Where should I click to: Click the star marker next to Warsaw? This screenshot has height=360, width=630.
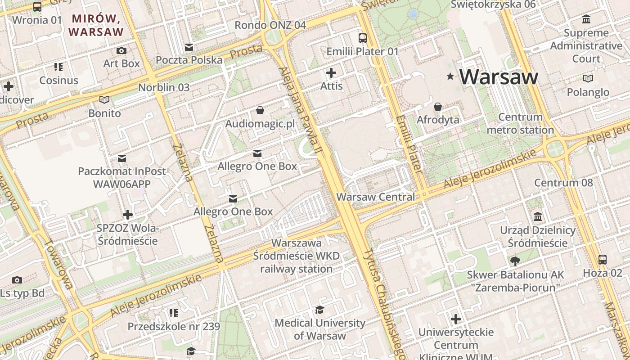click(450, 76)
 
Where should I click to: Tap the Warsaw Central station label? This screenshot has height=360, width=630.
click(376, 197)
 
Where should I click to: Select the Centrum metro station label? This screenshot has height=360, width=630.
click(520, 124)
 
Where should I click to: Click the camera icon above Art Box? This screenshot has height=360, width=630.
click(121, 50)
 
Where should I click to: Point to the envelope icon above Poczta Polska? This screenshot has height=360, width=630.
click(189, 47)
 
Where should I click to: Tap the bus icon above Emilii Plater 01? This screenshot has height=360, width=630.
click(362, 38)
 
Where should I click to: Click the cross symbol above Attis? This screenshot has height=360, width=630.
click(331, 72)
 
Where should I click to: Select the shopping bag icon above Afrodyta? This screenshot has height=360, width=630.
click(437, 107)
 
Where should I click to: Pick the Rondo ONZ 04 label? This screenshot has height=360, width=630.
click(270, 25)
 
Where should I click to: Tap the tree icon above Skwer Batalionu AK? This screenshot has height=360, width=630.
click(515, 261)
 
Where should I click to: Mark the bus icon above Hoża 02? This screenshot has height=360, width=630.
click(602, 259)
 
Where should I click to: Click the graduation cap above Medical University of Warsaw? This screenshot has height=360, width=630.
click(319, 310)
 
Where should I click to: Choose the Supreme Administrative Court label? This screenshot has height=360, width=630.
click(586, 46)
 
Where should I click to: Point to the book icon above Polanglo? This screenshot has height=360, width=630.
click(588, 78)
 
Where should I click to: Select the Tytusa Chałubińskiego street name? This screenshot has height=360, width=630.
click(382, 304)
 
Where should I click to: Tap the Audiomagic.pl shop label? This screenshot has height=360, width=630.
click(260, 124)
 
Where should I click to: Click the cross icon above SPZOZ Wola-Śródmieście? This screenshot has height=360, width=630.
click(128, 214)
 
